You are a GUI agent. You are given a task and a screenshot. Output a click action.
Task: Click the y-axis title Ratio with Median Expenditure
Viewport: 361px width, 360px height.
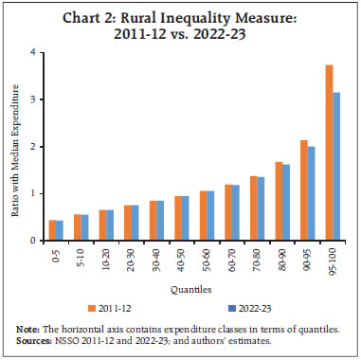[x=16, y=147]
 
